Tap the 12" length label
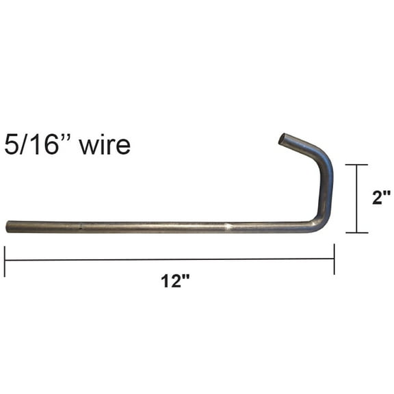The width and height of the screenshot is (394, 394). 176,282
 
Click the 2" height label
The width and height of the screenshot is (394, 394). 381,198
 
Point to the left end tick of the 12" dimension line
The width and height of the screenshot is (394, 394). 5,261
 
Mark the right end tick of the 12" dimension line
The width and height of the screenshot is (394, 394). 334,259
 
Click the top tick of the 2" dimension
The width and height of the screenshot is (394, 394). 356,165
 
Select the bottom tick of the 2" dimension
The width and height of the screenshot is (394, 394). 356,233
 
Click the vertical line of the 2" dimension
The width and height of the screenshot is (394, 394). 356,198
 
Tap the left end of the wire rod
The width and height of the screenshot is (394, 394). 9,226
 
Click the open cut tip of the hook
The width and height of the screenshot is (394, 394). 283,139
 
